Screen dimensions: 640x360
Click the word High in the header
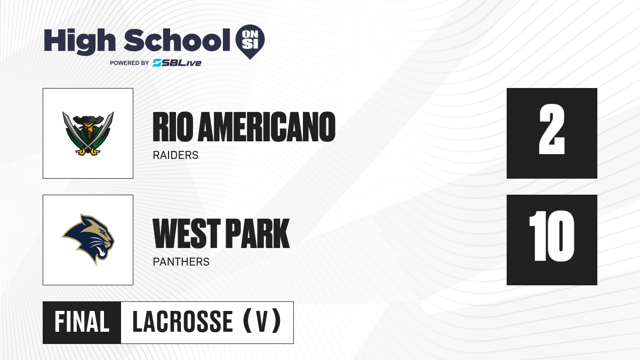tap(79, 41)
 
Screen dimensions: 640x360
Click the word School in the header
tap(177, 40)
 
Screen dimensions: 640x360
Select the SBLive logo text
tap(177, 63)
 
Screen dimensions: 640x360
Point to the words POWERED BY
tap(129, 63)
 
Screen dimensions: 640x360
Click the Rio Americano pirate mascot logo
tap(88, 133)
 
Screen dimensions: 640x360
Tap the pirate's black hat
tap(88, 119)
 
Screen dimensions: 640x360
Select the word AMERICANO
tap(267, 127)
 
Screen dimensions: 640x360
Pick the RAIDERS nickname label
tap(175, 155)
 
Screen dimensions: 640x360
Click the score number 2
tap(551, 129)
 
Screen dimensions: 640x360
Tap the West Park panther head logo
tap(88, 239)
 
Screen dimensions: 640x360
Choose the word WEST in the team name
tap(187, 234)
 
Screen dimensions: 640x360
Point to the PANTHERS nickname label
tap(181, 262)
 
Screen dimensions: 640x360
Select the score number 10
tap(551, 236)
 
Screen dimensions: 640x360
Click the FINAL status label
tap(82, 322)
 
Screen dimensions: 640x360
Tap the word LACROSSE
tap(182, 322)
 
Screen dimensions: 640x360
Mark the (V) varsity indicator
tap(262, 322)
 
